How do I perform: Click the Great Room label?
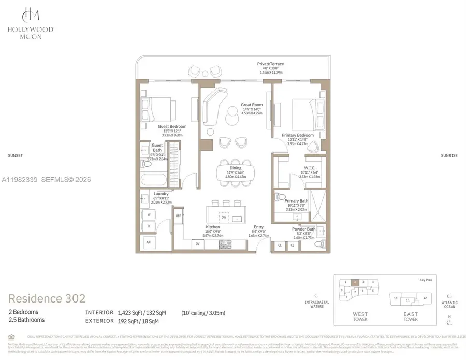click(252, 105)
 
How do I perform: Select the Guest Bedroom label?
click(172, 126)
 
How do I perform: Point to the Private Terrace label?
click(270, 64)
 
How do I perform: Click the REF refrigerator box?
click(178, 215)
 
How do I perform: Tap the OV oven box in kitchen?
click(197, 243)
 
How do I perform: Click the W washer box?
click(149, 214)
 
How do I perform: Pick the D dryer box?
click(149, 226)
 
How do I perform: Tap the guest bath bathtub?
click(154, 181)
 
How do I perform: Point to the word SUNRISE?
click(448, 155)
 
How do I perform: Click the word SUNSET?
click(16, 155)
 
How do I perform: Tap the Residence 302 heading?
click(47, 298)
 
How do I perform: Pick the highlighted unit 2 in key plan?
click(354, 282)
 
